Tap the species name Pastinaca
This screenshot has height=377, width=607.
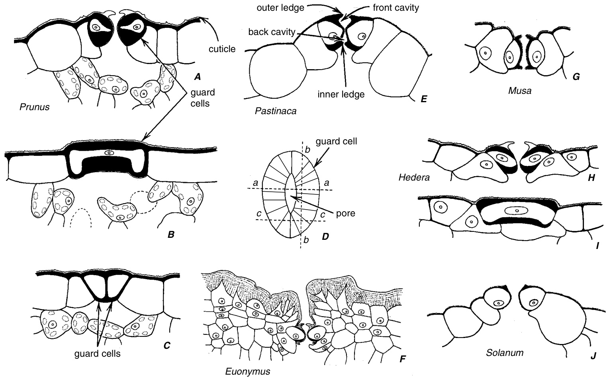point(275,111)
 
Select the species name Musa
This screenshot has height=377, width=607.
point(520,91)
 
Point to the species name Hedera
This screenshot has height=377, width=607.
point(414,177)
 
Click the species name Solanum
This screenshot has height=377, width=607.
point(505,352)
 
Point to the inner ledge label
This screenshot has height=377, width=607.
point(341,94)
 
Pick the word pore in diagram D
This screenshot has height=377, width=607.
point(345,213)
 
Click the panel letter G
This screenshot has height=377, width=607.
point(576,77)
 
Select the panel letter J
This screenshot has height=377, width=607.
point(593,356)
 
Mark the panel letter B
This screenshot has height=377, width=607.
point(171,235)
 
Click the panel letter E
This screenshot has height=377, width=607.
point(423,99)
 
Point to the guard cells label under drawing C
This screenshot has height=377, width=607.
point(97,353)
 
